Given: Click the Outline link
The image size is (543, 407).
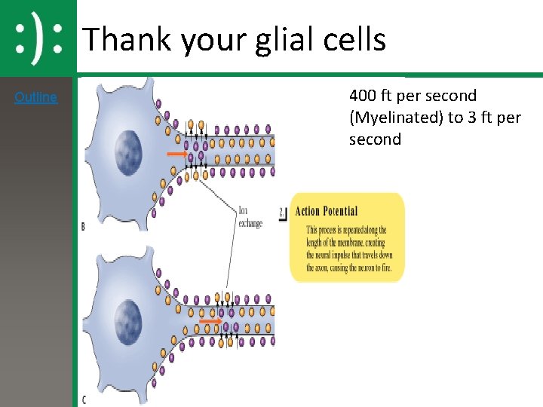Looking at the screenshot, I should pyautogui.click(x=35, y=97).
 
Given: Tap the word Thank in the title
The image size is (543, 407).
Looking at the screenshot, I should pyautogui.click(x=126, y=39).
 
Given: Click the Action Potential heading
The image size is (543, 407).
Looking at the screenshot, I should pyautogui.click(x=327, y=211).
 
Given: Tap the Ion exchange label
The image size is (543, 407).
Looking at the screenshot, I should pyautogui.click(x=250, y=217).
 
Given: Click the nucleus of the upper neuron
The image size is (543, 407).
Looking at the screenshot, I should pyautogui.click(x=127, y=145).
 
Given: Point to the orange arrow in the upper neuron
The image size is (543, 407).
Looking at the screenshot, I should pyautogui.click(x=177, y=153).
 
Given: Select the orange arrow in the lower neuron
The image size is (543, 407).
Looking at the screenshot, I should pyautogui.click(x=211, y=321).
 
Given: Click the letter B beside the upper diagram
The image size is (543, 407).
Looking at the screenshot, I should pyautogui.click(x=83, y=226).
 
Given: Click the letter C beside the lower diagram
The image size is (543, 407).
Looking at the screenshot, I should pyautogui.click(x=83, y=399).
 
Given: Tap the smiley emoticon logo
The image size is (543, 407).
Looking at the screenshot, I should pyautogui.click(x=38, y=38).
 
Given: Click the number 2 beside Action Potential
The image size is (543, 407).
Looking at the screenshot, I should pyautogui.click(x=281, y=213).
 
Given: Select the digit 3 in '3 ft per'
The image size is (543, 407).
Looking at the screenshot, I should pyautogui.click(x=471, y=118).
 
